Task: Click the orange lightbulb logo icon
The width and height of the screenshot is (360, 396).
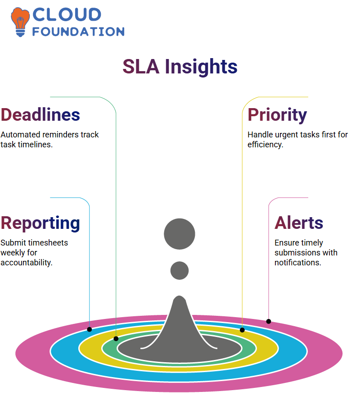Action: pyautogui.click(x=20, y=22)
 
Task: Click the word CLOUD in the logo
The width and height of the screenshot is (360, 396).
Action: pyautogui.click(x=67, y=14)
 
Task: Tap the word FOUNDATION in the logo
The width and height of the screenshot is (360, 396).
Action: pyautogui.click(x=78, y=32)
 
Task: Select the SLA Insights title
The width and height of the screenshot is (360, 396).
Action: pyautogui.click(x=180, y=67)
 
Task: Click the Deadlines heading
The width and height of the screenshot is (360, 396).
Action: pyautogui.click(x=40, y=115)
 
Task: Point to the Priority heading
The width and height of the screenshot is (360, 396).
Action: pyautogui.click(x=277, y=115)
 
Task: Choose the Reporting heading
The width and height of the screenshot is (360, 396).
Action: pyautogui.click(x=40, y=223)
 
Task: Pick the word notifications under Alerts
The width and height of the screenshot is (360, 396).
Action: pyautogui.click(x=298, y=263)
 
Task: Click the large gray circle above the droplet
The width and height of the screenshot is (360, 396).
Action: pyautogui.click(x=180, y=234)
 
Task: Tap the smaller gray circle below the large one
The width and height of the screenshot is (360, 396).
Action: pyautogui.click(x=180, y=270)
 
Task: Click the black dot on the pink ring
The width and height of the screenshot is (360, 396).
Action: pyautogui.click(x=269, y=322)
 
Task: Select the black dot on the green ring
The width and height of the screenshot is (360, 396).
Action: pyautogui.click(x=116, y=339)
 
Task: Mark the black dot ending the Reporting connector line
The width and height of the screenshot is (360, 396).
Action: pyautogui.click(x=89, y=329)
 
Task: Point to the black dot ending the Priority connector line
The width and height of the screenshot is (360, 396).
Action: pyautogui.click(x=242, y=330)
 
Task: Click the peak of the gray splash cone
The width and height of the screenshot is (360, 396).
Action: pyautogui.click(x=179, y=296)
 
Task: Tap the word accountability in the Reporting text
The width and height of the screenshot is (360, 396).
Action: pyautogui.click(x=27, y=263)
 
